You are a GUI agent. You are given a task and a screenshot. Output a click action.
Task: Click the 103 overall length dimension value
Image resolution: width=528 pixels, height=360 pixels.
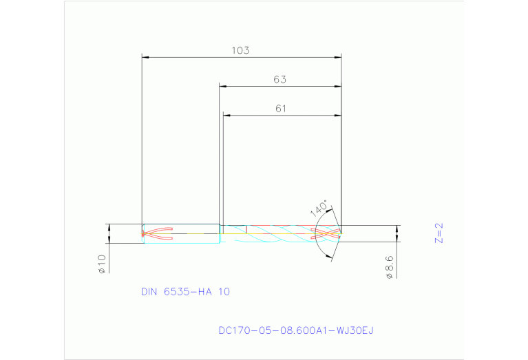point(240,50)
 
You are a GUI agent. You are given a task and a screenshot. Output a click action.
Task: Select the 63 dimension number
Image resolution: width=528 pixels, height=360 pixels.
point(279,79)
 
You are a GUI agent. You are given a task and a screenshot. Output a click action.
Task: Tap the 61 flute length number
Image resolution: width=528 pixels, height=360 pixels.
point(280,108)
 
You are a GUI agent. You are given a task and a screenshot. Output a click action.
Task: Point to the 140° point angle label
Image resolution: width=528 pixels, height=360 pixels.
point(319,209)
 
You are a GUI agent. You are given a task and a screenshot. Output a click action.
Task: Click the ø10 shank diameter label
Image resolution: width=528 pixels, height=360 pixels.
point(101,264)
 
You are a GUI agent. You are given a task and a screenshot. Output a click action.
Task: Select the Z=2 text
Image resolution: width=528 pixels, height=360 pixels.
point(439,233)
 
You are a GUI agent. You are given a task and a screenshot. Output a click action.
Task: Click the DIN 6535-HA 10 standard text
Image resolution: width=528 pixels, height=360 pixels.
point(185,292)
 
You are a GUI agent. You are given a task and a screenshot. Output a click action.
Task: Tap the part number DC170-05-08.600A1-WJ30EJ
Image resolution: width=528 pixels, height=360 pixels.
point(295,331)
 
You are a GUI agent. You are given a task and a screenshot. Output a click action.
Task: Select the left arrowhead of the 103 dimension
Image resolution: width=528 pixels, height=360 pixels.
point(145,56)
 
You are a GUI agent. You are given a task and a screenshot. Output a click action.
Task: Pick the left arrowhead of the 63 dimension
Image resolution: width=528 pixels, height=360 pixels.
point(223,86)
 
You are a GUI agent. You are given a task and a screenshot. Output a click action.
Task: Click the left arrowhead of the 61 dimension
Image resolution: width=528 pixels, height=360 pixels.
point(227,115)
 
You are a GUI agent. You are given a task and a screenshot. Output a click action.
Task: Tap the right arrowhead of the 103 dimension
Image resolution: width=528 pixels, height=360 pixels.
point(337,56)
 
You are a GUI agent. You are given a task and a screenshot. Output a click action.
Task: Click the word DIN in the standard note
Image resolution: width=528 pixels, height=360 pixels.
point(149,292)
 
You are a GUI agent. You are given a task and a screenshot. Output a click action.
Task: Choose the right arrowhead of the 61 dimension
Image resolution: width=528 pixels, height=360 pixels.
point(337,115)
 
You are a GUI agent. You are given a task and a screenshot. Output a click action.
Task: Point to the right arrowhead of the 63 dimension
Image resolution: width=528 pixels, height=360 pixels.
point(337,86)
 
